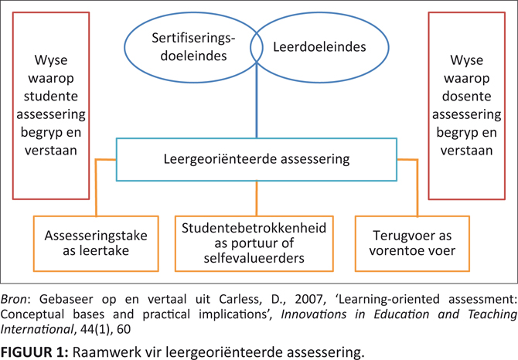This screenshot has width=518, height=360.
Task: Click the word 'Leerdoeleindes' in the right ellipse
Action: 319,47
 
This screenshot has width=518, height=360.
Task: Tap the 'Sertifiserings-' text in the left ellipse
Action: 193,39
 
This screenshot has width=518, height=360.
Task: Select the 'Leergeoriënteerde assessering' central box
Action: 257,159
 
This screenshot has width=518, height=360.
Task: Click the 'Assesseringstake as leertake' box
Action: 96,243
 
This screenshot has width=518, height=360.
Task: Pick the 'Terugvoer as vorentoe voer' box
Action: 412,243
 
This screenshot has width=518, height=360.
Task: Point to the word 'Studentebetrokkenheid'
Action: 254,228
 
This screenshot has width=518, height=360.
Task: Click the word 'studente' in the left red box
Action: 51,97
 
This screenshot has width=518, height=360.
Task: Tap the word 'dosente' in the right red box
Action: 466,97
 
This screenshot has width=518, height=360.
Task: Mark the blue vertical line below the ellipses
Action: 257,100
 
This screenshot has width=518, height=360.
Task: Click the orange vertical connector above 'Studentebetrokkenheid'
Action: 257,199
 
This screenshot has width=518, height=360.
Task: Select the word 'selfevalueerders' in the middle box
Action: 254,258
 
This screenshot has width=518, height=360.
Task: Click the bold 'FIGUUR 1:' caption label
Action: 34,352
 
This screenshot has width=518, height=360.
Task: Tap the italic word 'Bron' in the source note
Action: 14,299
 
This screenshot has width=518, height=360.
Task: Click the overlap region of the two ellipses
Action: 257,47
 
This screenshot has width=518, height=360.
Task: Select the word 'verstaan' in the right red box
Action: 466,151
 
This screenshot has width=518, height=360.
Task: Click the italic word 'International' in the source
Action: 36,329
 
